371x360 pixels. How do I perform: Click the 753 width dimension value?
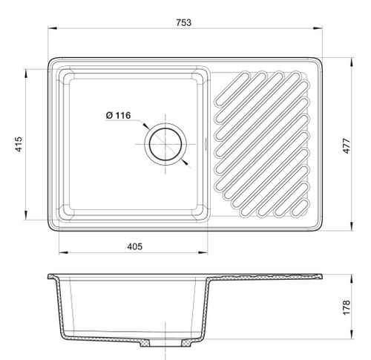184,22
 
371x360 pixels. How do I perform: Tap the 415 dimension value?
19,144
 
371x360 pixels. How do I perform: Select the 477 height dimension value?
347,145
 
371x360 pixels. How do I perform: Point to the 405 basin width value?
135,246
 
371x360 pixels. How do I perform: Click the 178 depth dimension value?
347,307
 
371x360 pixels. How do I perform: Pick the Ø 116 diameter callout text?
118,115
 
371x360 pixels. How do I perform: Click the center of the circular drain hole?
165,144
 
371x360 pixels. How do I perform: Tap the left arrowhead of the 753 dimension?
52,28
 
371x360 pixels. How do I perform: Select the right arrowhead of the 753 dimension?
318,28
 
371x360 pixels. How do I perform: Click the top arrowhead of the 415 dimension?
25,73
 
